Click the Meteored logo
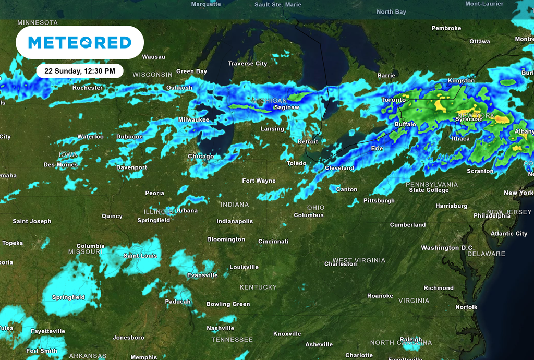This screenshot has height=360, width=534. click(80, 42)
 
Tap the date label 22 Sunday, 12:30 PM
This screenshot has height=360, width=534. click(80, 70)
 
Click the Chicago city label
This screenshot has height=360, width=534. click(201, 157)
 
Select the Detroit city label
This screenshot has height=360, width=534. click(307, 142)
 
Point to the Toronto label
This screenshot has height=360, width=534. click(393, 100)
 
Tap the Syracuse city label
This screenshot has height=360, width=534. click(469, 119)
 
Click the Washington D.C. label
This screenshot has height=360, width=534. click(447, 248)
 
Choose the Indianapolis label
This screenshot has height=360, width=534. click(235, 221)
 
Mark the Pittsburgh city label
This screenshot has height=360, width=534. click(379, 201)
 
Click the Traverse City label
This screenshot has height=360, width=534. click(247, 64)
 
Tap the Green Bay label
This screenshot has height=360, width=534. click(191, 71)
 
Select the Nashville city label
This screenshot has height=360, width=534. click(220, 328)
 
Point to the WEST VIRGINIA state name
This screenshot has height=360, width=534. click(359, 260)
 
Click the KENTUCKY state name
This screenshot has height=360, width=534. click(258, 287)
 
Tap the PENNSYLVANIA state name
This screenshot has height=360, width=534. click(432, 184)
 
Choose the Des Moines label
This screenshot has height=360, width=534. click(60, 165)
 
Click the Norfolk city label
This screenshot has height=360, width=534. click(466, 307)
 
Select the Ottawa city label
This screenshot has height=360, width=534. click(479, 42)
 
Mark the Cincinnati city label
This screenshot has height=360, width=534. click(273, 242)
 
